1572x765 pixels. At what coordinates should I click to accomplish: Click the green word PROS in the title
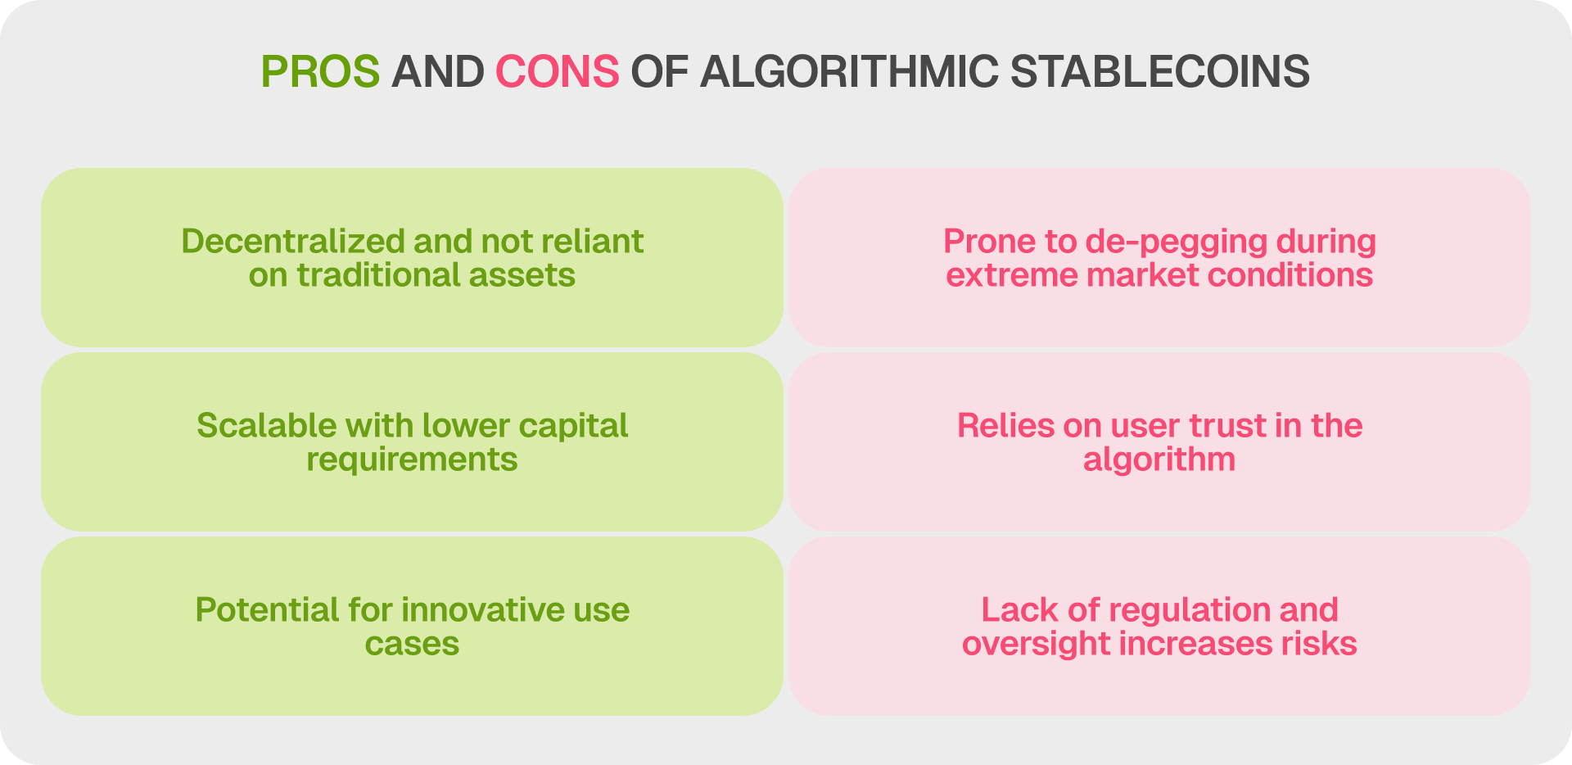320,71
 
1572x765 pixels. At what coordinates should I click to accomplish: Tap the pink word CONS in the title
557,71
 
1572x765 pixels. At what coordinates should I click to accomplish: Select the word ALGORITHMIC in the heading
849,71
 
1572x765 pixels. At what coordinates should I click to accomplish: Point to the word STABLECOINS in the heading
1159,71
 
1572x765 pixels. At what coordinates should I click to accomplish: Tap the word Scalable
266,425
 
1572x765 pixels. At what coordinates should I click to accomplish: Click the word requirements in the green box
412,460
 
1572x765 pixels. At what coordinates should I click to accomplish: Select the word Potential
267,610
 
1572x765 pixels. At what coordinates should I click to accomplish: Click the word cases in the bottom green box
412,644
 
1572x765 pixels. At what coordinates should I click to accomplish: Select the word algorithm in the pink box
1159,460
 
